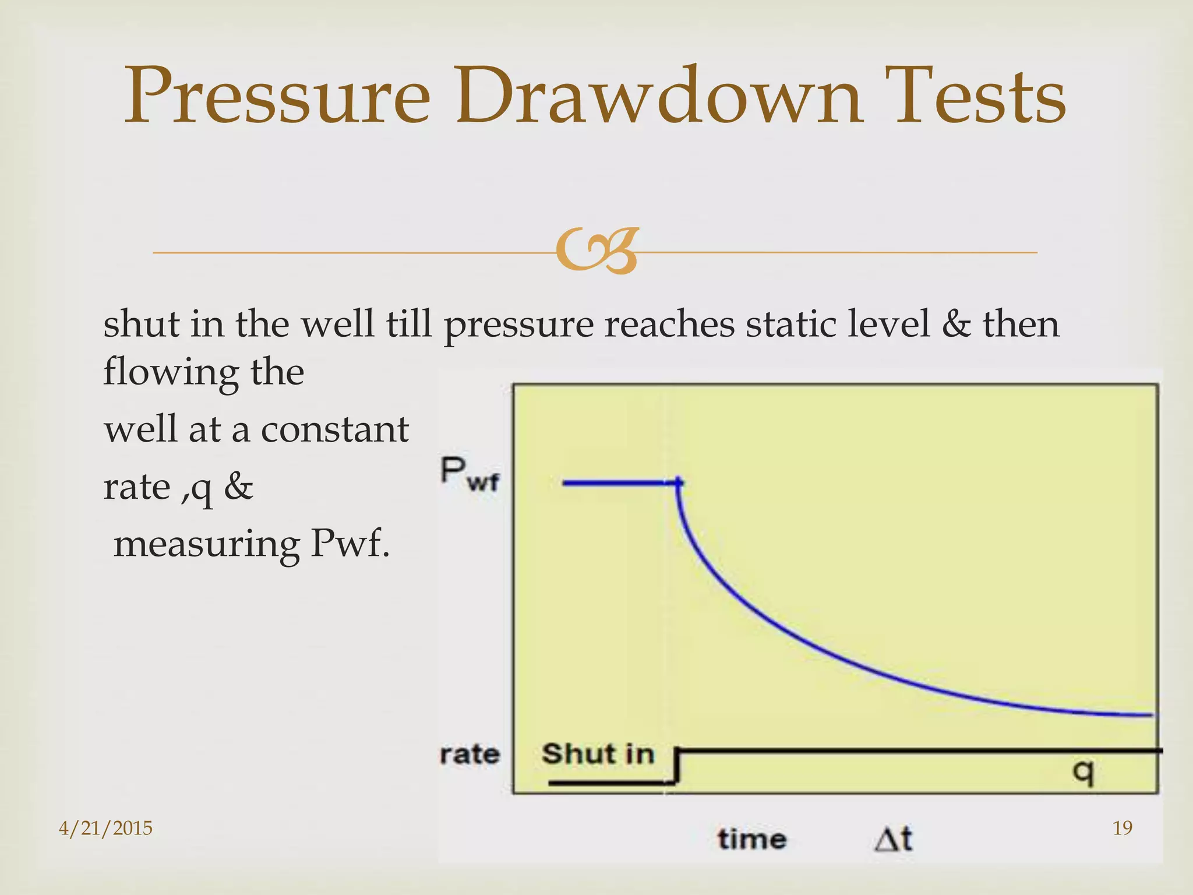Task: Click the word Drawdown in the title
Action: click(x=658, y=97)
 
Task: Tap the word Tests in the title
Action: click(x=979, y=97)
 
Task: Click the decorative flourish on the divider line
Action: click(x=596, y=252)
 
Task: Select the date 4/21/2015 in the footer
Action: click(x=105, y=828)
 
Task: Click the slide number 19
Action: click(x=1123, y=828)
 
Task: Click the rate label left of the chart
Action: click(x=470, y=755)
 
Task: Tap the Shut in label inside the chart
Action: click(x=598, y=754)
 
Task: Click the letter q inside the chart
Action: click(x=1083, y=773)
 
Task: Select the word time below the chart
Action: click(x=752, y=840)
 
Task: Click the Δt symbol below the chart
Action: click(x=894, y=840)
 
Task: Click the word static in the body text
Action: click(x=791, y=325)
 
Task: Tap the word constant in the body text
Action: click(x=334, y=429)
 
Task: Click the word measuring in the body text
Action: click(x=206, y=544)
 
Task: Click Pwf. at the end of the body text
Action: click(x=350, y=544)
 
